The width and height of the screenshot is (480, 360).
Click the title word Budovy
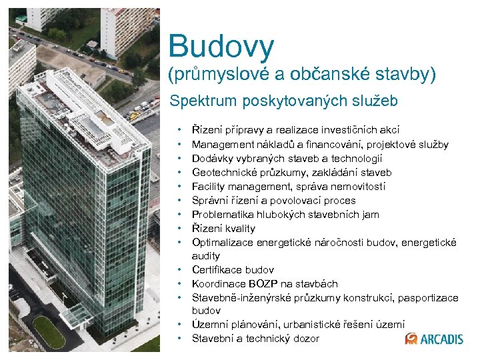(x=221, y=46)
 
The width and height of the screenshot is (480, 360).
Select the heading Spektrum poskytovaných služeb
(x=283, y=101)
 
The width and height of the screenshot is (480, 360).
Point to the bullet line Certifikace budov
(x=233, y=270)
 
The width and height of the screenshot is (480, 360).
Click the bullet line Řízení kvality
(x=223, y=228)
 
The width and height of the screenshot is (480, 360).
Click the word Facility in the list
(x=209, y=187)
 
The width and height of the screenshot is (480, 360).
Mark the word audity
(x=206, y=256)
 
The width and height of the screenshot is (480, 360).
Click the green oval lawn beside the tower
(x=49, y=331)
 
